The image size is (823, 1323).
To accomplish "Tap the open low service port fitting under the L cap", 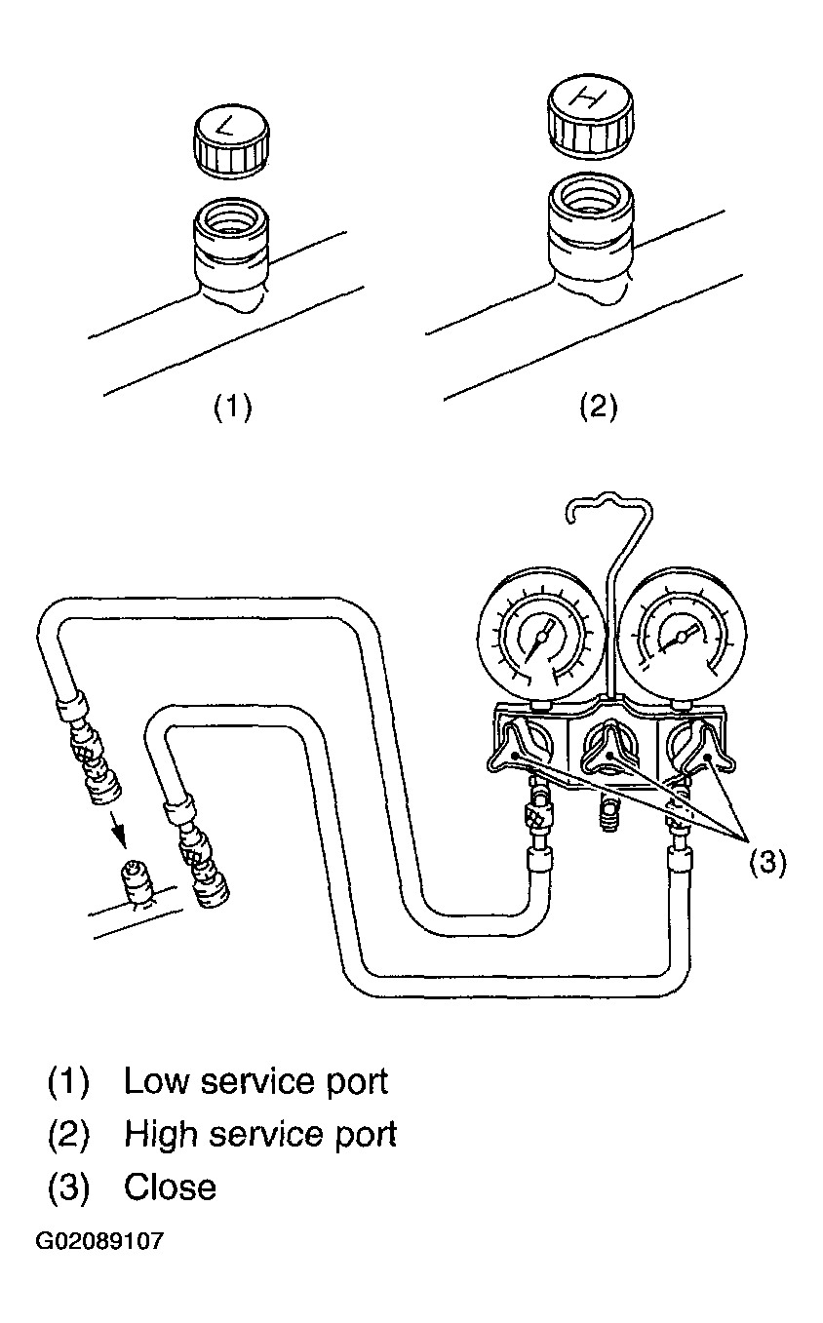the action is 232,253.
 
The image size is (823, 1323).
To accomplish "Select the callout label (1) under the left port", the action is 232,407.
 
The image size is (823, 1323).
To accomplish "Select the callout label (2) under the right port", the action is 599,407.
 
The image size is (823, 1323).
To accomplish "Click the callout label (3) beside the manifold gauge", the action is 767,864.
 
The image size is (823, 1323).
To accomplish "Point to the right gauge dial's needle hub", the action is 682,636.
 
